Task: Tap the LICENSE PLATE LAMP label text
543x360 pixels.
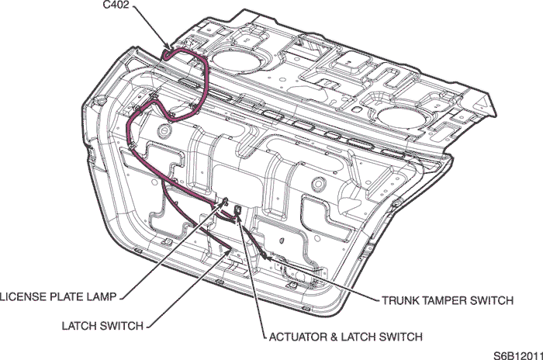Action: point(58,296)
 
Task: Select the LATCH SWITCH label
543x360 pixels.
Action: point(101,326)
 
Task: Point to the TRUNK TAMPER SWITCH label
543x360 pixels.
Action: point(446,300)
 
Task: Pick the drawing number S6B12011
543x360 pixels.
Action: point(517,354)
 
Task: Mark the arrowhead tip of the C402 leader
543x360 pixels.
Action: point(173,52)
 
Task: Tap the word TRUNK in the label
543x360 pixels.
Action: point(399,300)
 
